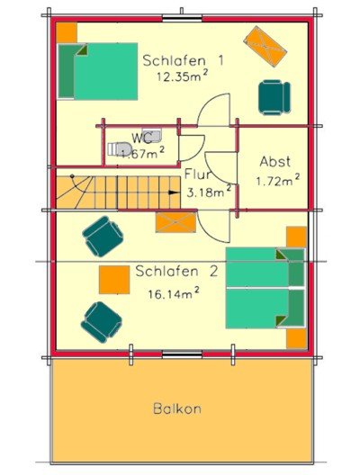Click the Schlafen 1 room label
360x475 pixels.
pos(182,60)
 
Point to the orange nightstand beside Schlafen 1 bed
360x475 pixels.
pos(67,31)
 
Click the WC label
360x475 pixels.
pos(141,138)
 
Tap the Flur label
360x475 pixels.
pos(197,175)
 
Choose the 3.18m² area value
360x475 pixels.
pos(209,192)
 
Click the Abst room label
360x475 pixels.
pos(274,162)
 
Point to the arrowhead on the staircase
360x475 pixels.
pos(174,191)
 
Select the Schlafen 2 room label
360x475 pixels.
pos(177,271)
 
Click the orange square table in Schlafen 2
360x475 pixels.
pos(113,278)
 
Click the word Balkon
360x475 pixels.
pos(177,408)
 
